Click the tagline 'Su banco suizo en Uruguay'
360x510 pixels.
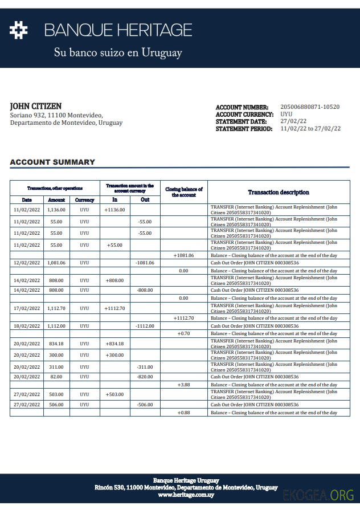point(118,53)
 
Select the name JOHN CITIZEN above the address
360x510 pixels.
point(36,107)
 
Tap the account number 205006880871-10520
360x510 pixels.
point(310,107)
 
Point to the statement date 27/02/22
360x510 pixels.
point(293,121)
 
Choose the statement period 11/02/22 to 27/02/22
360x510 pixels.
point(310,129)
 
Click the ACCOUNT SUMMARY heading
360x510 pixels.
point(52,162)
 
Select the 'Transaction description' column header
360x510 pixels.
point(279,193)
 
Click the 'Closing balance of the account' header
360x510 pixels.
point(183,192)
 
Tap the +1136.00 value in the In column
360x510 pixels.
point(114,210)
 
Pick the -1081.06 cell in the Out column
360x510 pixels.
point(145,263)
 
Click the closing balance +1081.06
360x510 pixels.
point(183,255)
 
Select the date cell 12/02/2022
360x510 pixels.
point(27,263)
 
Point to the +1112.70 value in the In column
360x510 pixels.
point(114,308)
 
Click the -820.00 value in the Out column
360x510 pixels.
point(145,377)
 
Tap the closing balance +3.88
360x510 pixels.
point(183,385)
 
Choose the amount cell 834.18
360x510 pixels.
point(56,344)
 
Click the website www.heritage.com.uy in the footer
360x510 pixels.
point(186,495)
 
